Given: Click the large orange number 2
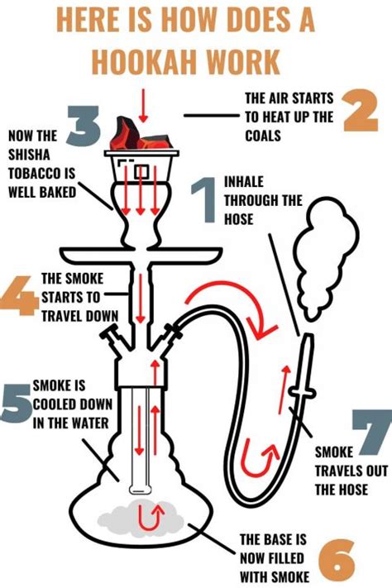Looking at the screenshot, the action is click(x=360, y=110).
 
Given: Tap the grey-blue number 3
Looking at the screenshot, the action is click(x=84, y=126).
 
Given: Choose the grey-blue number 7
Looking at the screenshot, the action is click(x=372, y=432).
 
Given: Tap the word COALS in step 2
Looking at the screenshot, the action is click(x=263, y=136).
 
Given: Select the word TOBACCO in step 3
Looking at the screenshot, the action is click(x=41, y=173).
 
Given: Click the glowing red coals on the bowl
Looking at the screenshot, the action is click(x=141, y=135).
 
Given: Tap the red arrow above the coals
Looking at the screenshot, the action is click(x=142, y=106).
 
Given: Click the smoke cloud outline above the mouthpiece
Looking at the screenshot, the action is click(x=325, y=259).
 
